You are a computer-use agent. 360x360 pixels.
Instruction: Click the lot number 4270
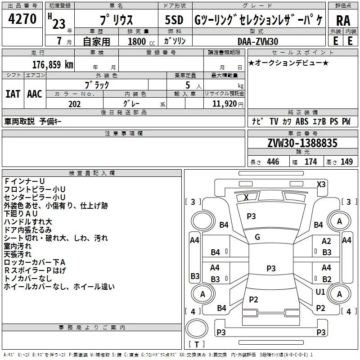[x=22, y=19]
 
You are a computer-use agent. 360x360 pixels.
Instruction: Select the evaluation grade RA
[x=343, y=20]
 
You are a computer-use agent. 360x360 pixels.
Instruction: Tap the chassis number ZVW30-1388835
[x=302, y=143]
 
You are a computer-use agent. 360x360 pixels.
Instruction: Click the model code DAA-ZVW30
[x=257, y=41]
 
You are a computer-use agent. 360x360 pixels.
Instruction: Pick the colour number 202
[x=74, y=104]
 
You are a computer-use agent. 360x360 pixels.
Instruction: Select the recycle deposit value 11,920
[x=225, y=104]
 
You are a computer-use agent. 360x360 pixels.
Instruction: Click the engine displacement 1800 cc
[x=138, y=41]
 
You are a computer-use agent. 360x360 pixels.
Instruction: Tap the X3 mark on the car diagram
[x=321, y=184]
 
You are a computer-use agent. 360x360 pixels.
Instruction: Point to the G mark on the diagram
[x=257, y=237]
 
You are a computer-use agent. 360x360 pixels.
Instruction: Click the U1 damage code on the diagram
[x=320, y=292]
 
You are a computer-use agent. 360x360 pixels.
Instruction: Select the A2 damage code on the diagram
[x=326, y=241]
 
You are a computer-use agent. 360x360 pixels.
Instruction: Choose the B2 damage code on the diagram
[x=327, y=279]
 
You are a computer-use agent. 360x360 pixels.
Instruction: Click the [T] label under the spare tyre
[x=196, y=345]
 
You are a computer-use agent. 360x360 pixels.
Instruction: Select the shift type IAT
[x=13, y=94]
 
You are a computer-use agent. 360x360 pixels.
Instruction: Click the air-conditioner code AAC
[x=35, y=94]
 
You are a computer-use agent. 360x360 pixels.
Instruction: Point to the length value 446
[x=273, y=162]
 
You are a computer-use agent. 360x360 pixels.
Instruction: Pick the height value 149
[x=346, y=162]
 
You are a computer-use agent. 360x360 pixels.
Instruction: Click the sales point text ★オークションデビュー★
[x=288, y=63]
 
